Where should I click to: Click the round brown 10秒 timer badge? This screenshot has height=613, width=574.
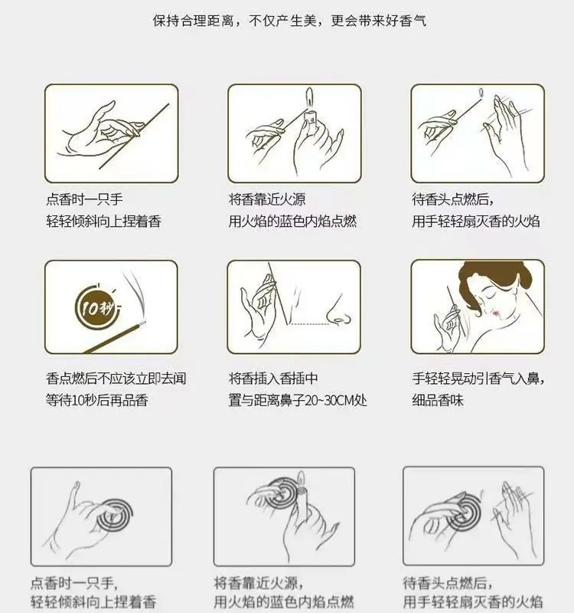(x=95, y=308)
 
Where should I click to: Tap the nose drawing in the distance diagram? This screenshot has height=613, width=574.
(x=338, y=311)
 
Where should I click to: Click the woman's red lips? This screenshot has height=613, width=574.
(x=495, y=313)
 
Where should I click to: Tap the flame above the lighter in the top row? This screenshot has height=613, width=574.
(x=310, y=97)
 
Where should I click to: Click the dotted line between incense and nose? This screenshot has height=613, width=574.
(x=309, y=324)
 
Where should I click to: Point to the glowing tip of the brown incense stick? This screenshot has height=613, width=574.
(x=143, y=323)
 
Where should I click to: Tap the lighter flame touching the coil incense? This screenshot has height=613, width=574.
(x=301, y=477)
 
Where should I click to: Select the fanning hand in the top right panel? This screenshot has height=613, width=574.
(x=504, y=133)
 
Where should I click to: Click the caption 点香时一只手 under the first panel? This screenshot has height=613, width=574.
(x=84, y=199)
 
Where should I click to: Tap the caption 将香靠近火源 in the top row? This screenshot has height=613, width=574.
(x=267, y=199)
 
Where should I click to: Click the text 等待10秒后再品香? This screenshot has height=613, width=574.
(x=97, y=400)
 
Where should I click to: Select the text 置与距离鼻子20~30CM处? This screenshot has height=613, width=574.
(x=298, y=400)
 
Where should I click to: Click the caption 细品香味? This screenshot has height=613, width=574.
(x=437, y=400)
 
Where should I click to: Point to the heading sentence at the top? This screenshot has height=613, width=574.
(x=289, y=21)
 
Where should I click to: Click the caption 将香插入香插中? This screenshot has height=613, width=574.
(x=273, y=379)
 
